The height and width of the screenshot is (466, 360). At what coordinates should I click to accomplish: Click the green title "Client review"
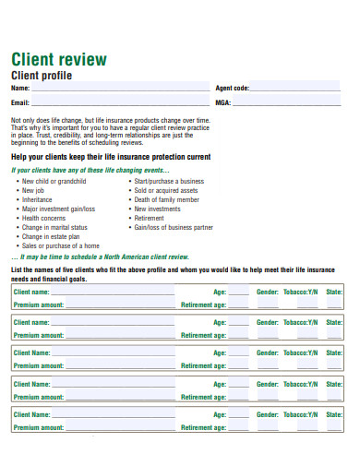58,60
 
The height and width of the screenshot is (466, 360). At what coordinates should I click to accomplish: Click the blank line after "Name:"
120,89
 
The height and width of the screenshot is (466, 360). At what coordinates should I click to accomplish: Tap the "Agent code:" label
233,88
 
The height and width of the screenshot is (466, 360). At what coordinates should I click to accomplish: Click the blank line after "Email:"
120,102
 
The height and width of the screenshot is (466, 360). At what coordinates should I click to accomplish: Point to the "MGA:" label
223,102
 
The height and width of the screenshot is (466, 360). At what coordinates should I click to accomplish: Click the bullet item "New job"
34,190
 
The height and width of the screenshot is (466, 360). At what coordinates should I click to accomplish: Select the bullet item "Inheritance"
38,199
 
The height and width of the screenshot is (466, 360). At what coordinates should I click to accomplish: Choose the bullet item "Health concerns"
44,218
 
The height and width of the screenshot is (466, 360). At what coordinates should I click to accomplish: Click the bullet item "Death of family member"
166,199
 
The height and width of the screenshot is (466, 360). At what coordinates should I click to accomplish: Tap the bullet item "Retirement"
150,218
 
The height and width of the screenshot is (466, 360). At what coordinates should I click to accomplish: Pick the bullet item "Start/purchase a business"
169,181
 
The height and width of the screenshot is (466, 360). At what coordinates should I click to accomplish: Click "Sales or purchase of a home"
61,245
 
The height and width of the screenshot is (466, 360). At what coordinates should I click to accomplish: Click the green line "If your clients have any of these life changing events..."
90,170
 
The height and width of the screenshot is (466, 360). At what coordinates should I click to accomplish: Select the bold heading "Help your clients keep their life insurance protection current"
111,157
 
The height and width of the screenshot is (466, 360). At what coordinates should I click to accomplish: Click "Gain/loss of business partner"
174,227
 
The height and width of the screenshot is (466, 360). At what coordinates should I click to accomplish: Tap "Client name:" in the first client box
32,292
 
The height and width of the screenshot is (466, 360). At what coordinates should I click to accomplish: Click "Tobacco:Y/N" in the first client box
300,292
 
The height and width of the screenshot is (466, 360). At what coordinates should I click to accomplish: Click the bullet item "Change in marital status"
55,227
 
